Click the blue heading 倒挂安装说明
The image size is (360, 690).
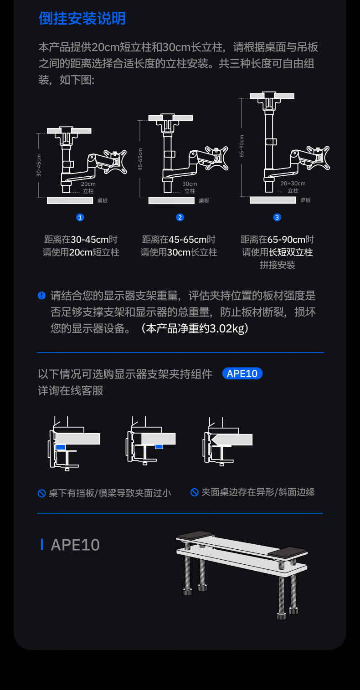pos(82,19)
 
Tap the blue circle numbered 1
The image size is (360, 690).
pos(80,217)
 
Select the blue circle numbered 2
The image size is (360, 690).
pos(180,217)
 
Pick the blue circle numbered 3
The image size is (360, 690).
pos(277,217)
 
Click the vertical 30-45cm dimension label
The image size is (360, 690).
pos(39,165)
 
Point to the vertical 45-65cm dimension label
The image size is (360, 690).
pos(140,159)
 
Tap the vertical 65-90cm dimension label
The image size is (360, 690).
pos(242,146)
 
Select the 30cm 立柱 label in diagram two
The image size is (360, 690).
pos(190,187)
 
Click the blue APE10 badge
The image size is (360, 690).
pos(242,373)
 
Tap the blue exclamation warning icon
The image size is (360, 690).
pos(41,296)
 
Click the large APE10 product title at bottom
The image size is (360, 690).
pos(75,545)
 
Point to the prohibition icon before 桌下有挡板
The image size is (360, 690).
pos(41,493)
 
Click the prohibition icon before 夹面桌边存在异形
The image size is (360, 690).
pos(195,492)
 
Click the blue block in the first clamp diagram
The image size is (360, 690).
pos(61,447)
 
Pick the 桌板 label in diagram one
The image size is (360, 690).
pos(103,200)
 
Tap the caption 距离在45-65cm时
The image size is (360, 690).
pos(179,240)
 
